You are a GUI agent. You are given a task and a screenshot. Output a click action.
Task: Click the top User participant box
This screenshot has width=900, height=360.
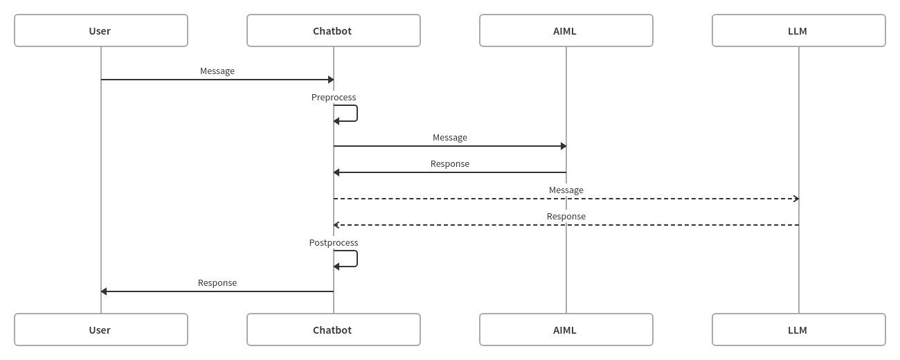tap(101, 30)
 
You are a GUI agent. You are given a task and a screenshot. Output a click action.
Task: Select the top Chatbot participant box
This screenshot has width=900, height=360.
tap(333, 30)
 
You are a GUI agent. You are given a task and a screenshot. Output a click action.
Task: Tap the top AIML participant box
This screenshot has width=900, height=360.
tap(566, 30)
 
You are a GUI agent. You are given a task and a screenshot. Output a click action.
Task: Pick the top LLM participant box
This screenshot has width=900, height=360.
tap(798, 30)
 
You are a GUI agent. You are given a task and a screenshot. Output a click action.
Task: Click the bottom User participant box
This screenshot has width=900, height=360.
tap(101, 330)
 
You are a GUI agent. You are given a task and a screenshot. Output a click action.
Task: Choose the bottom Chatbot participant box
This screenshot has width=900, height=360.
tap(333, 330)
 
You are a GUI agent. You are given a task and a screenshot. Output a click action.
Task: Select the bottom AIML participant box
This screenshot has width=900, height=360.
tap(566, 330)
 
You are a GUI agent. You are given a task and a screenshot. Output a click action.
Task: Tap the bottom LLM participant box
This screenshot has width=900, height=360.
tap(798, 330)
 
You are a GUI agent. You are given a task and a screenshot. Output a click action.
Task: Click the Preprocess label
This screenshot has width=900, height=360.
tap(334, 98)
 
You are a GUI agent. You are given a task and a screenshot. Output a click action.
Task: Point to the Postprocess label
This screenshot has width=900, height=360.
tap(334, 243)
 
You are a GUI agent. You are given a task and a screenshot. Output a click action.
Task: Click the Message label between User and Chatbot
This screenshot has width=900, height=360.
tap(217, 71)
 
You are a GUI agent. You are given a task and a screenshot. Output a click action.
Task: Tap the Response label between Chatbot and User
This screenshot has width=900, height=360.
tap(217, 283)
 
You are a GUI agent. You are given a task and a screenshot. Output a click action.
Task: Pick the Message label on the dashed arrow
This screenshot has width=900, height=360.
tap(566, 190)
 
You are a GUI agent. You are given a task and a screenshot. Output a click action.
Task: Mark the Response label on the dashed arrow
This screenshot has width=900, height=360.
tap(566, 217)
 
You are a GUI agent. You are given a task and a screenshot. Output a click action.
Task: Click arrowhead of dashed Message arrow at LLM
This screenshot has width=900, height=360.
tap(796, 199)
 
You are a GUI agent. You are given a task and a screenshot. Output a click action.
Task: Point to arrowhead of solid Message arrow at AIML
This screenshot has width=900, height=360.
tap(564, 146)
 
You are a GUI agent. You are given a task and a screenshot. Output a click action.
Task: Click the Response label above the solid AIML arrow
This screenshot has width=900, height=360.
tap(450, 164)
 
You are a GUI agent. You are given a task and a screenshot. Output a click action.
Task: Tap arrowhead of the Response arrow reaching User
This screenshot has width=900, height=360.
tap(104, 291)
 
